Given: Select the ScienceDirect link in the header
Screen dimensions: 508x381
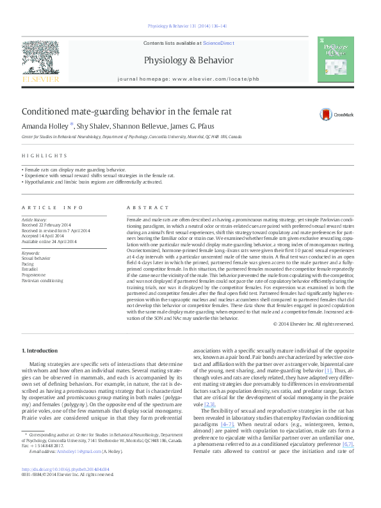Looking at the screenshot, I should click(x=218, y=43).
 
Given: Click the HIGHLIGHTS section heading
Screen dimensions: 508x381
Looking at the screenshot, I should click(x=44, y=155).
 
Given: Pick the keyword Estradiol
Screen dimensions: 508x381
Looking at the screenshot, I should click(x=31, y=269).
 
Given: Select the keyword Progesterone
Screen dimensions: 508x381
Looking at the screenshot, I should click(x=35, y=275).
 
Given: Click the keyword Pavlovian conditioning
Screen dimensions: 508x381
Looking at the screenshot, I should click(x=42, y=280).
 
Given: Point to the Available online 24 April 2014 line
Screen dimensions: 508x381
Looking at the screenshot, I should click(x=48, y=241).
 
